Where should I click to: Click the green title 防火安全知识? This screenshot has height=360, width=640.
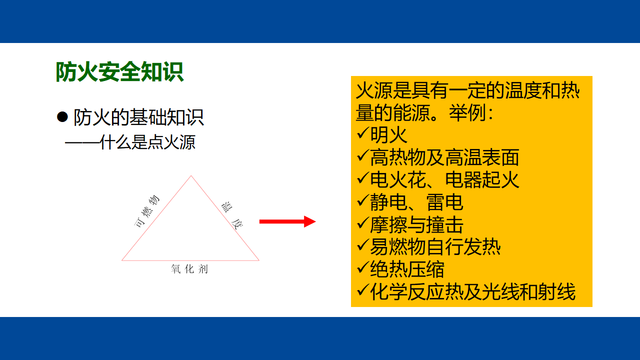pos(119,71)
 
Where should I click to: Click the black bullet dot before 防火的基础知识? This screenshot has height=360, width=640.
pos(62,117)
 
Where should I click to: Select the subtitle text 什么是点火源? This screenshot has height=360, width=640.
pos(147,142)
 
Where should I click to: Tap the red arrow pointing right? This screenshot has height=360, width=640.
pos(287,221)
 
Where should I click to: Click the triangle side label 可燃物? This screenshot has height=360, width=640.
pos(146,211)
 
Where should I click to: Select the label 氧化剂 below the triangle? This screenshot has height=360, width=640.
pos(189,269)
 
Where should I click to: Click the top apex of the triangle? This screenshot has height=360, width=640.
pos(191,175)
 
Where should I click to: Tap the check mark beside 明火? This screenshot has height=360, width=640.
pos(362,133)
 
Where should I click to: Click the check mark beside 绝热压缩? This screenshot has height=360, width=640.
pos(362,268)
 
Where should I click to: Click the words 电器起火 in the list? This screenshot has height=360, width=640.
pos(482,179)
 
